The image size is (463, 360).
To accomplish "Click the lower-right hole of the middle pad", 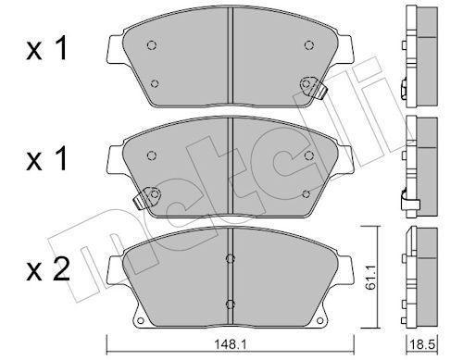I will click(307, 193).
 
